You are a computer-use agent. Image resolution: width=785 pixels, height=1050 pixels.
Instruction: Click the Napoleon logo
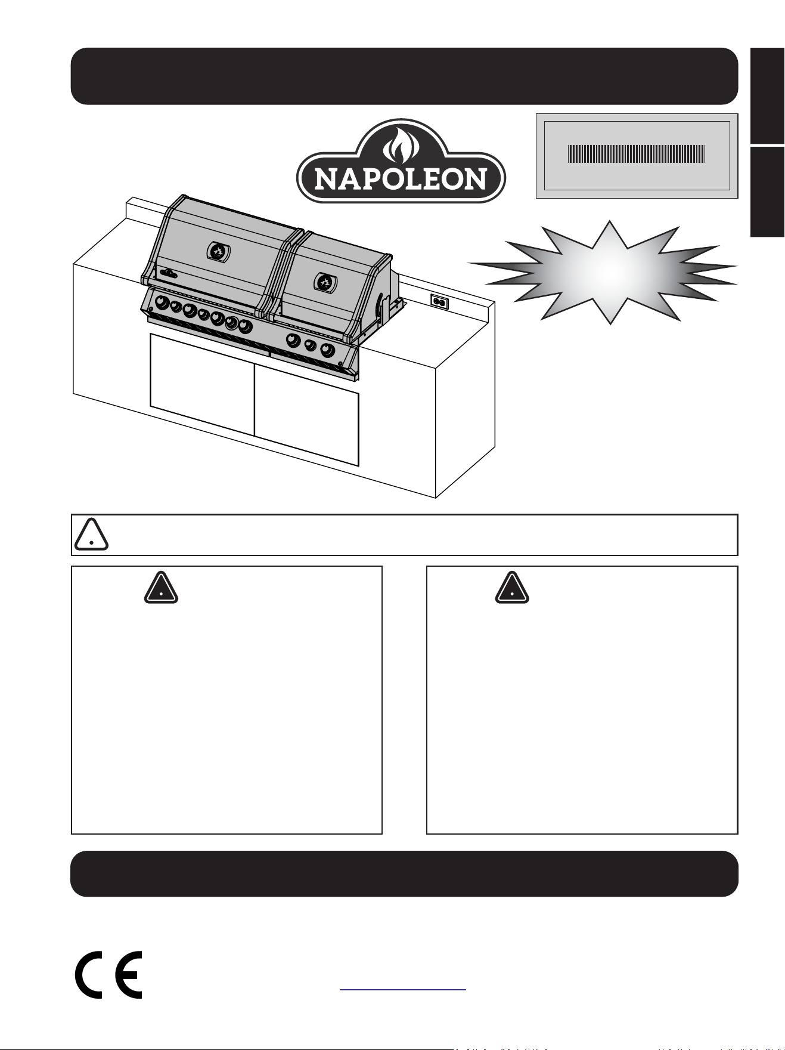(x=401, y=161)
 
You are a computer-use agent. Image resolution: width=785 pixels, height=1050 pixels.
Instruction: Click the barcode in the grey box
(x=637, y=154)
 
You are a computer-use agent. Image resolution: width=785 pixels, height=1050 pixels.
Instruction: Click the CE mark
(x=108, y=974)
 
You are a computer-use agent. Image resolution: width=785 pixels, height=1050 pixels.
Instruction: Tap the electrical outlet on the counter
(x=439, y=302)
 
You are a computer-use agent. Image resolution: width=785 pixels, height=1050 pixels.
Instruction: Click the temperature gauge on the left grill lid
(x=218, y=251)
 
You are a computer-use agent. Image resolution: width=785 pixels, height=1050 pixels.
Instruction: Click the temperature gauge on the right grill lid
(x=324, y=280)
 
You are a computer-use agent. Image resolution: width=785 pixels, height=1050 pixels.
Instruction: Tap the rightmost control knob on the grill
(x=328, y=350)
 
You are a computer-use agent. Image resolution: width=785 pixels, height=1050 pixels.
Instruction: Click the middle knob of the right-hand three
(x=311, y=345)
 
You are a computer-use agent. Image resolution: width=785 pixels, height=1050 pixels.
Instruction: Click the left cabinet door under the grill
(x=202, y=384)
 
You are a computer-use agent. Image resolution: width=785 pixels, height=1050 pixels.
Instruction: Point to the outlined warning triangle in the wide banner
(x=91, y=535)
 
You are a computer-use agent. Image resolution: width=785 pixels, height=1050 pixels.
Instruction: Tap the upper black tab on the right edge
(x=767, y=95)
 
